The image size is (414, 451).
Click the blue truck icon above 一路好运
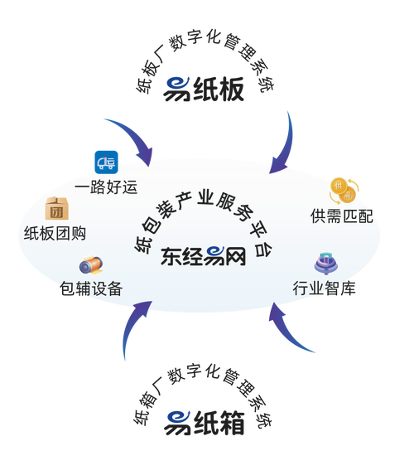[x=106, y=162]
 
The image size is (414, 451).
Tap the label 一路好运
[x=106, y=187]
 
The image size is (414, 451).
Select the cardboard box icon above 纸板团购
[x=57, y=208]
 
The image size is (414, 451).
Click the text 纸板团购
[x=55, y=233]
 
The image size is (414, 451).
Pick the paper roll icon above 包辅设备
[x=91, y=265]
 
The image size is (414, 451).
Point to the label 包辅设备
[x=91, y=289]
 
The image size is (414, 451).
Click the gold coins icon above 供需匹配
[x=344, y=191]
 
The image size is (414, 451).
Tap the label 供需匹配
[x=342, y=216]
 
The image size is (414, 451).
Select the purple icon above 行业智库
[x=325, y=263]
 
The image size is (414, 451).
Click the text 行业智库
[x=324, y=288]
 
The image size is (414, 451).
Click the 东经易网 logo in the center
[x=204, y=256]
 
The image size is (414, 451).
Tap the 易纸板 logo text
[x=204, y=89]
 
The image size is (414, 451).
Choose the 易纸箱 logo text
[x=205, y=422]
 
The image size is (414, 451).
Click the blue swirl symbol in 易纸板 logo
[x=176, y=89]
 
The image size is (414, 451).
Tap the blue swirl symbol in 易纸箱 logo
[x=177, y=423]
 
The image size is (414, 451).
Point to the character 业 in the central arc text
[x=205, y=198]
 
